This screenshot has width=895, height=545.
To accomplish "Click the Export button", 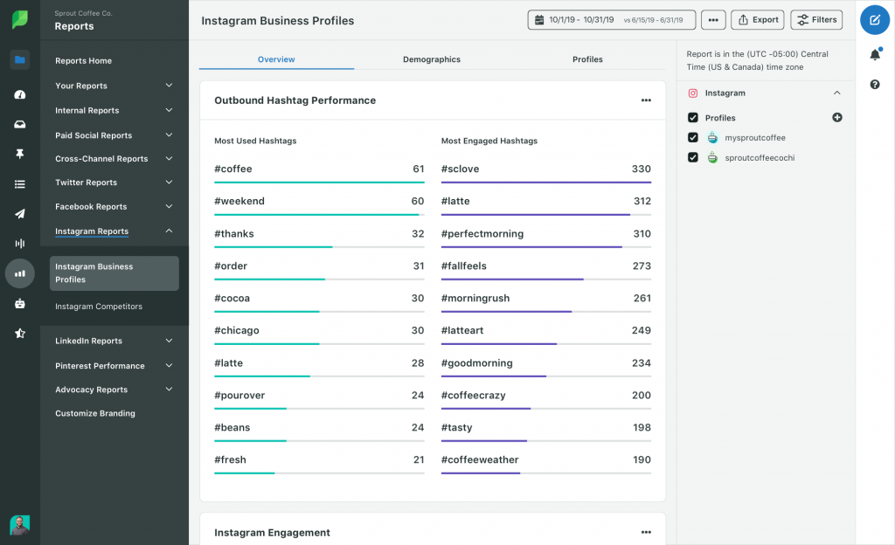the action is tap(758, 20).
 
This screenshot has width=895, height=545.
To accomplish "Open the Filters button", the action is tap(816, 20).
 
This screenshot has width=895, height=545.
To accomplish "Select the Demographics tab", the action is tap(432, 59).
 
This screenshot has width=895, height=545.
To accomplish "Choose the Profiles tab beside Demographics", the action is tap(587, 59).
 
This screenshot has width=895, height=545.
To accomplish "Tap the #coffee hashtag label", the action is tap(232, 169).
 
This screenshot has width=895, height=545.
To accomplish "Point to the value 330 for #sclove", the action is tap(641, 169).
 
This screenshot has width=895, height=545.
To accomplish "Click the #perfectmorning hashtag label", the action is tap(482, 234).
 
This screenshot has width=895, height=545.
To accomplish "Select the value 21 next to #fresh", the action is tap(419, 459).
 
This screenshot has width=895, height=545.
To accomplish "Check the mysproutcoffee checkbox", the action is tap(693, 137).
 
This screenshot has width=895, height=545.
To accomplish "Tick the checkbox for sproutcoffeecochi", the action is tap(693, 157).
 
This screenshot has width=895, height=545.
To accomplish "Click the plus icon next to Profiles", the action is tap(836, 117).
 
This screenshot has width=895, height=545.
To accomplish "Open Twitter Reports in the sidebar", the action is tap(87, 183).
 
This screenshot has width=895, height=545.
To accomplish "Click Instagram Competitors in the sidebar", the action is tap(99, 307).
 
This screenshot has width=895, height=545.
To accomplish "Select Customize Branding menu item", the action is tap(95, 413).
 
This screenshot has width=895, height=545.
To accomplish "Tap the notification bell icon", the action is tap(875, 54).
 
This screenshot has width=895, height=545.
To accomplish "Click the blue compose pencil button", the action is tap(875, 20).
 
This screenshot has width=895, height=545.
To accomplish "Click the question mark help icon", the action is tap(875, 85).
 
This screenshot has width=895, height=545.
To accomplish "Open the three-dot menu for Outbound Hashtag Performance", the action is tap(646, 100).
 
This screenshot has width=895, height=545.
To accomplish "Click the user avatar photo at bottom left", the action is tap(20, 525).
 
